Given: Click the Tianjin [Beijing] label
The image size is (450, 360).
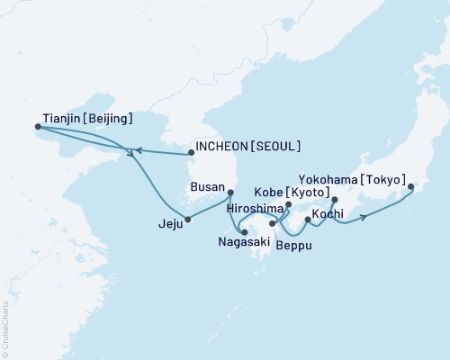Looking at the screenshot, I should tap(88, 118).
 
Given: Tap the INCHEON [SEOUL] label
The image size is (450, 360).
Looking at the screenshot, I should tap(248, 146).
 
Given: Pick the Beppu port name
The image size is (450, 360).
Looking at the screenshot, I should tap(294, 244).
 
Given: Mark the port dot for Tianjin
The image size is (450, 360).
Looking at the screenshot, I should tap(38, 127).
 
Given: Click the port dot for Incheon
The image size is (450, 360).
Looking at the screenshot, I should tap(191, 153).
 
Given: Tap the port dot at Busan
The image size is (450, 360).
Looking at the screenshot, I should tap(230, 192).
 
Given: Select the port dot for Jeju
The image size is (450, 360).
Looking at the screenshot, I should tap(187, 219).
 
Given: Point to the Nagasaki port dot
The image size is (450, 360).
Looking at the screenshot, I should tap(245, 233).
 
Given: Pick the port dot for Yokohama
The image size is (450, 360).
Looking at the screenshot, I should tap(411, 187).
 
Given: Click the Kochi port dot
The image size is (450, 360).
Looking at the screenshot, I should tap(308, 220).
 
